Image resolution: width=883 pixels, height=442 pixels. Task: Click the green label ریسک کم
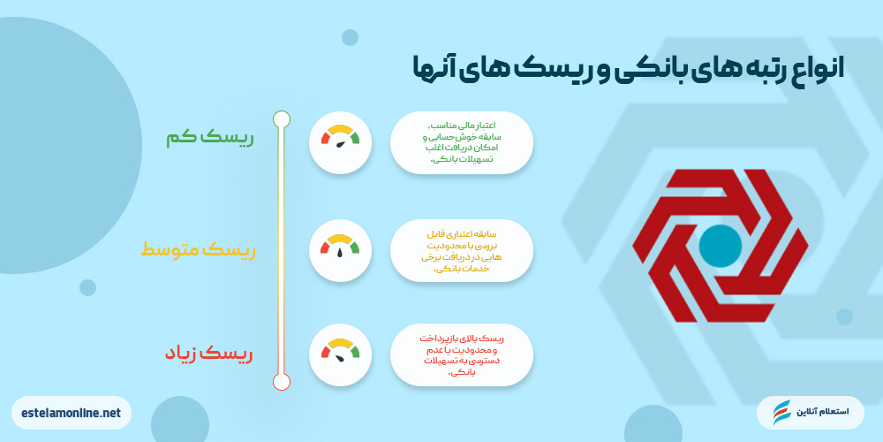(209, 139)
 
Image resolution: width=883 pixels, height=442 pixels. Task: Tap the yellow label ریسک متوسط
(198, 251)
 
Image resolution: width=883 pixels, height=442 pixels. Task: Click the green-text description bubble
(462, 141)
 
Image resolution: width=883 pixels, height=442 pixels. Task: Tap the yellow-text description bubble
(462, 250)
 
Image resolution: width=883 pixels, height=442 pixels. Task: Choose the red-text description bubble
(462, 354)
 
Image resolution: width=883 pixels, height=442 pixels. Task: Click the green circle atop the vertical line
(282, 118)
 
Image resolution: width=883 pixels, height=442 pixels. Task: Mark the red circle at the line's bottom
(282, 382)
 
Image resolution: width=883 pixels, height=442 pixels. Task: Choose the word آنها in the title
(437, 67)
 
